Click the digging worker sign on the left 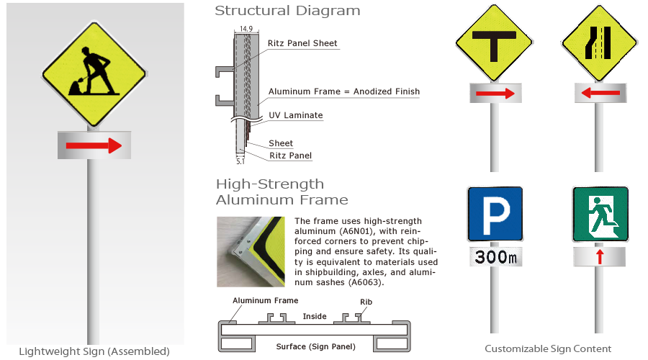[x=94, y=73]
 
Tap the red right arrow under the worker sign [x=94, y=146]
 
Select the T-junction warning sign [x=494, y=45]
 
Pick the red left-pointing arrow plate [x=597, y=93]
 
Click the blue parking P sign [x=495, y=214]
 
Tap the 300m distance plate [x=495, y=256]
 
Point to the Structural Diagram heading [x=287, y=11]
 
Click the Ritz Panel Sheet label [x=302, y=43]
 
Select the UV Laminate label [x=295, y=115]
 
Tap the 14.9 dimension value [x=246, y=29]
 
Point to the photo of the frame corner [x=252, y=251]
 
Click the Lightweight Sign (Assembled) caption [x=94, y=351]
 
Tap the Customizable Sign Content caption [x=548, y=348]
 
